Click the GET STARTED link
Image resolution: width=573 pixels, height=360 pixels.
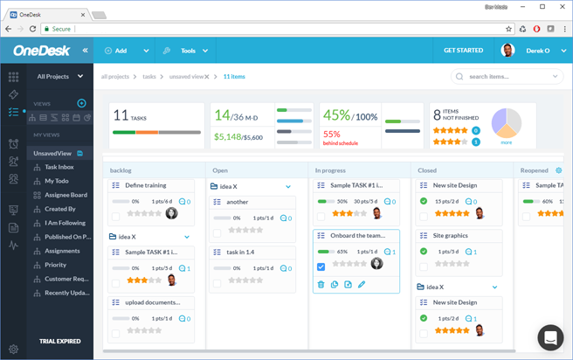click(463, 51)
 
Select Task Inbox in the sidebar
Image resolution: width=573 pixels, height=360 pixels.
click(59, 167)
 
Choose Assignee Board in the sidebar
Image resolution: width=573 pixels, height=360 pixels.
click(66, 195)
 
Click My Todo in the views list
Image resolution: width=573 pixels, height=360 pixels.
click(56, 181)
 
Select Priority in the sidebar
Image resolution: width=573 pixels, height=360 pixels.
click(55, 265)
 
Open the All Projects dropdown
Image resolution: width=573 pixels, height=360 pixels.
click(59, 77)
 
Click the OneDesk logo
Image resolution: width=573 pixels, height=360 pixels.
click(41, 51)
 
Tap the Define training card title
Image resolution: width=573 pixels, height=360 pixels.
click(146, 185)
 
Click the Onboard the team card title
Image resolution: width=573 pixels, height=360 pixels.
click(358, 236)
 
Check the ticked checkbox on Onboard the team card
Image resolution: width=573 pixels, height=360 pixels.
click(321, 267)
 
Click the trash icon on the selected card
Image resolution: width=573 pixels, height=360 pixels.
click(321, 285)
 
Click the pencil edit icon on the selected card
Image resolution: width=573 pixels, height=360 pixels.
click(362, 285)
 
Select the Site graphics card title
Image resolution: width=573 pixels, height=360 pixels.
click(452, 236)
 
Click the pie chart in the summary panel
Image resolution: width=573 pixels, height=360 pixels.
click(506, 123)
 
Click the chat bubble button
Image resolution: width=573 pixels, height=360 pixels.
click(550, 337)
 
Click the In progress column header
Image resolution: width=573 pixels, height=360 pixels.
click(329, 170)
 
